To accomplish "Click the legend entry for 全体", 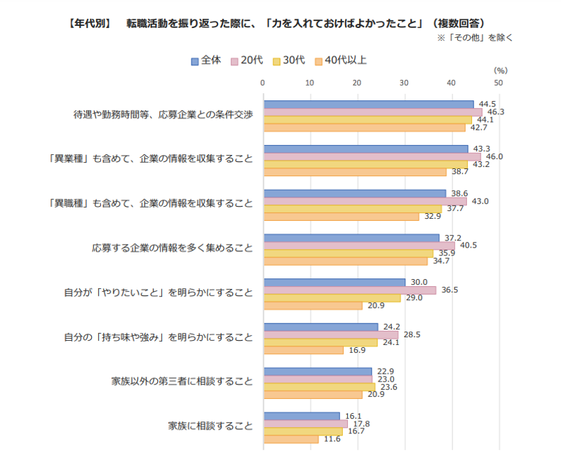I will (206, 60).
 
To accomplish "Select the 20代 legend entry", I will (246, 60).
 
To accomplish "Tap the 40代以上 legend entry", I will (341, 60).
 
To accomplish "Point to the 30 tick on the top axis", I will (404, 83).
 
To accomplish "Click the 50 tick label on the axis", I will (498, 83).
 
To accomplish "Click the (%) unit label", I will (500, 70).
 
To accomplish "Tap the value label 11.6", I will (333, 439).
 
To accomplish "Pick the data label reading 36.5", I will (450, 290).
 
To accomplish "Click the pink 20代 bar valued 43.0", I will (365, 201).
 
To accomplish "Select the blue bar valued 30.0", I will (334, 282).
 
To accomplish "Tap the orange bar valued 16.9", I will (303, 350).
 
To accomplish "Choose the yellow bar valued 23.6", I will (319, 386).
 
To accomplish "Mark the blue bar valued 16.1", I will (301, 416).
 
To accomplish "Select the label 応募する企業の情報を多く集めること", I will (172, 248).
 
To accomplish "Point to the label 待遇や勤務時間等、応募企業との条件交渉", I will (163, 114).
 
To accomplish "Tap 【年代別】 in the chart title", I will (89, 23).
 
